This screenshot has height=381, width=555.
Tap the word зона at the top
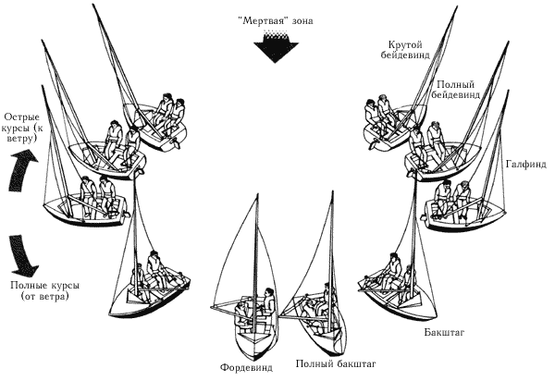(x=298, y=18)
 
